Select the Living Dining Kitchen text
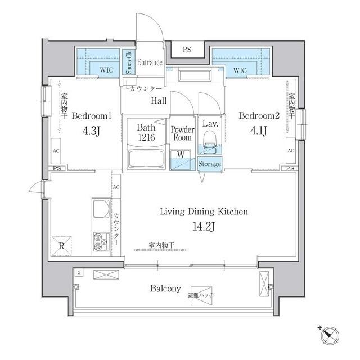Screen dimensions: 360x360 (x=204, y=211)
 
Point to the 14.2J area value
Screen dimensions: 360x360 (x=204, y=228)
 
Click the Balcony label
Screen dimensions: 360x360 (x=165, y=289)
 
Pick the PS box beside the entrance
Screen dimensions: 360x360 (x=187, y=49)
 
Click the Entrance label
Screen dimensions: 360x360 (x=150, y=62)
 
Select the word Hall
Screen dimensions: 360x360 (x=157, y=101)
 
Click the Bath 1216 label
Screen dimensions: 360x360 (x=146, y=132)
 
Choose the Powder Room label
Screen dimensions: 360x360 (x=183, y=133)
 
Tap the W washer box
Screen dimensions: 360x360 (x=181, y=154)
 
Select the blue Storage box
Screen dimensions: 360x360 (x=209, y=164)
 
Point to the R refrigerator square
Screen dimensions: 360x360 (x=61, y=245)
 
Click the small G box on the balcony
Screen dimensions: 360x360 (x=79, y=273)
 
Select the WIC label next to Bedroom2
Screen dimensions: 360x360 (x=240, y=70)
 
